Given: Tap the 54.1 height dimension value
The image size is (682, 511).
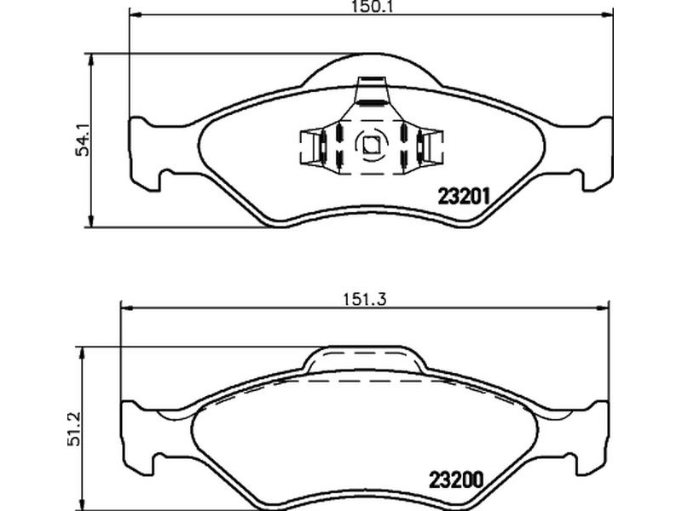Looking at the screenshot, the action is [82, 140].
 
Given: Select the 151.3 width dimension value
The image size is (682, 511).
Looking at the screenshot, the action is [365, 300].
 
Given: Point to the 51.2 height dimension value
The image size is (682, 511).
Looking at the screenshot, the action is [73, 429].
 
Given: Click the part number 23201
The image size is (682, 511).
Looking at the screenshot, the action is [464, 197].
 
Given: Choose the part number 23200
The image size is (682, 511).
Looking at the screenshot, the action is [456, 480].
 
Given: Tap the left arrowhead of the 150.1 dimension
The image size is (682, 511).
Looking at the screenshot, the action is [136, 15].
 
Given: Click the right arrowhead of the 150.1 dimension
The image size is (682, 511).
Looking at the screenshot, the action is [607, 15].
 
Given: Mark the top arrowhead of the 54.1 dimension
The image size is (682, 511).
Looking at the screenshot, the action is [90, 60].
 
